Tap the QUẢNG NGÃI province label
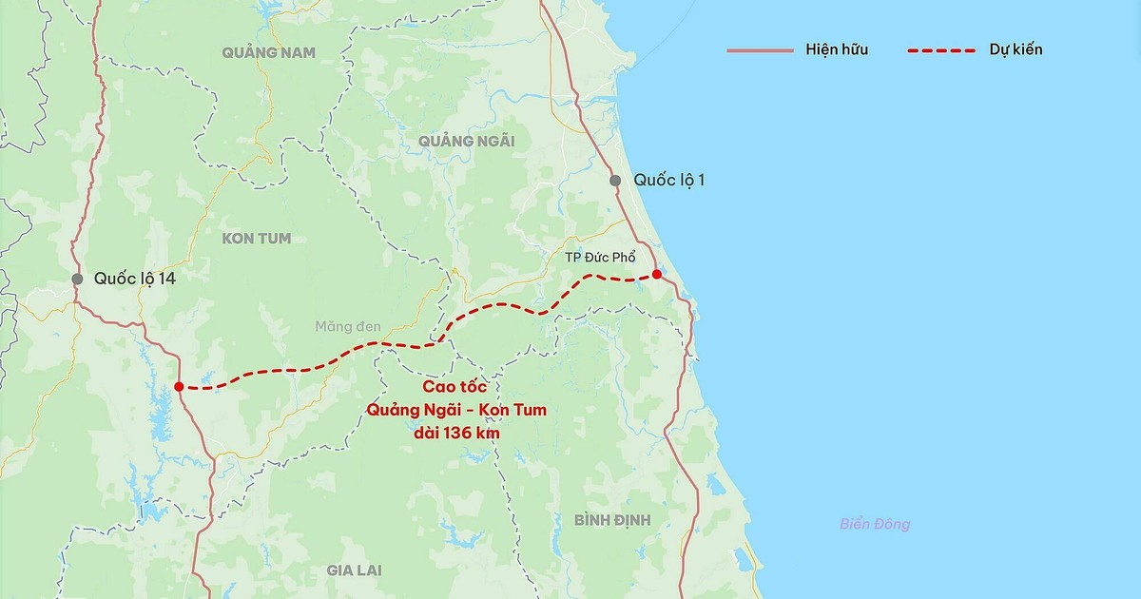466,141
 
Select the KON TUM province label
256,238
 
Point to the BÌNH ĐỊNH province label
611,519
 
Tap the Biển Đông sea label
875,524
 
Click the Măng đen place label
348,326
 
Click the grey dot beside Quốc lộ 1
615,181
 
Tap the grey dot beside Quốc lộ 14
77,279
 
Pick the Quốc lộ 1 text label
669,181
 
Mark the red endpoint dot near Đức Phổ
656,274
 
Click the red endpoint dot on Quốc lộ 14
179,386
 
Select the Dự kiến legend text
1015,49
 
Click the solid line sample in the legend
760,49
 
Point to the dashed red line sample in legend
941,49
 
